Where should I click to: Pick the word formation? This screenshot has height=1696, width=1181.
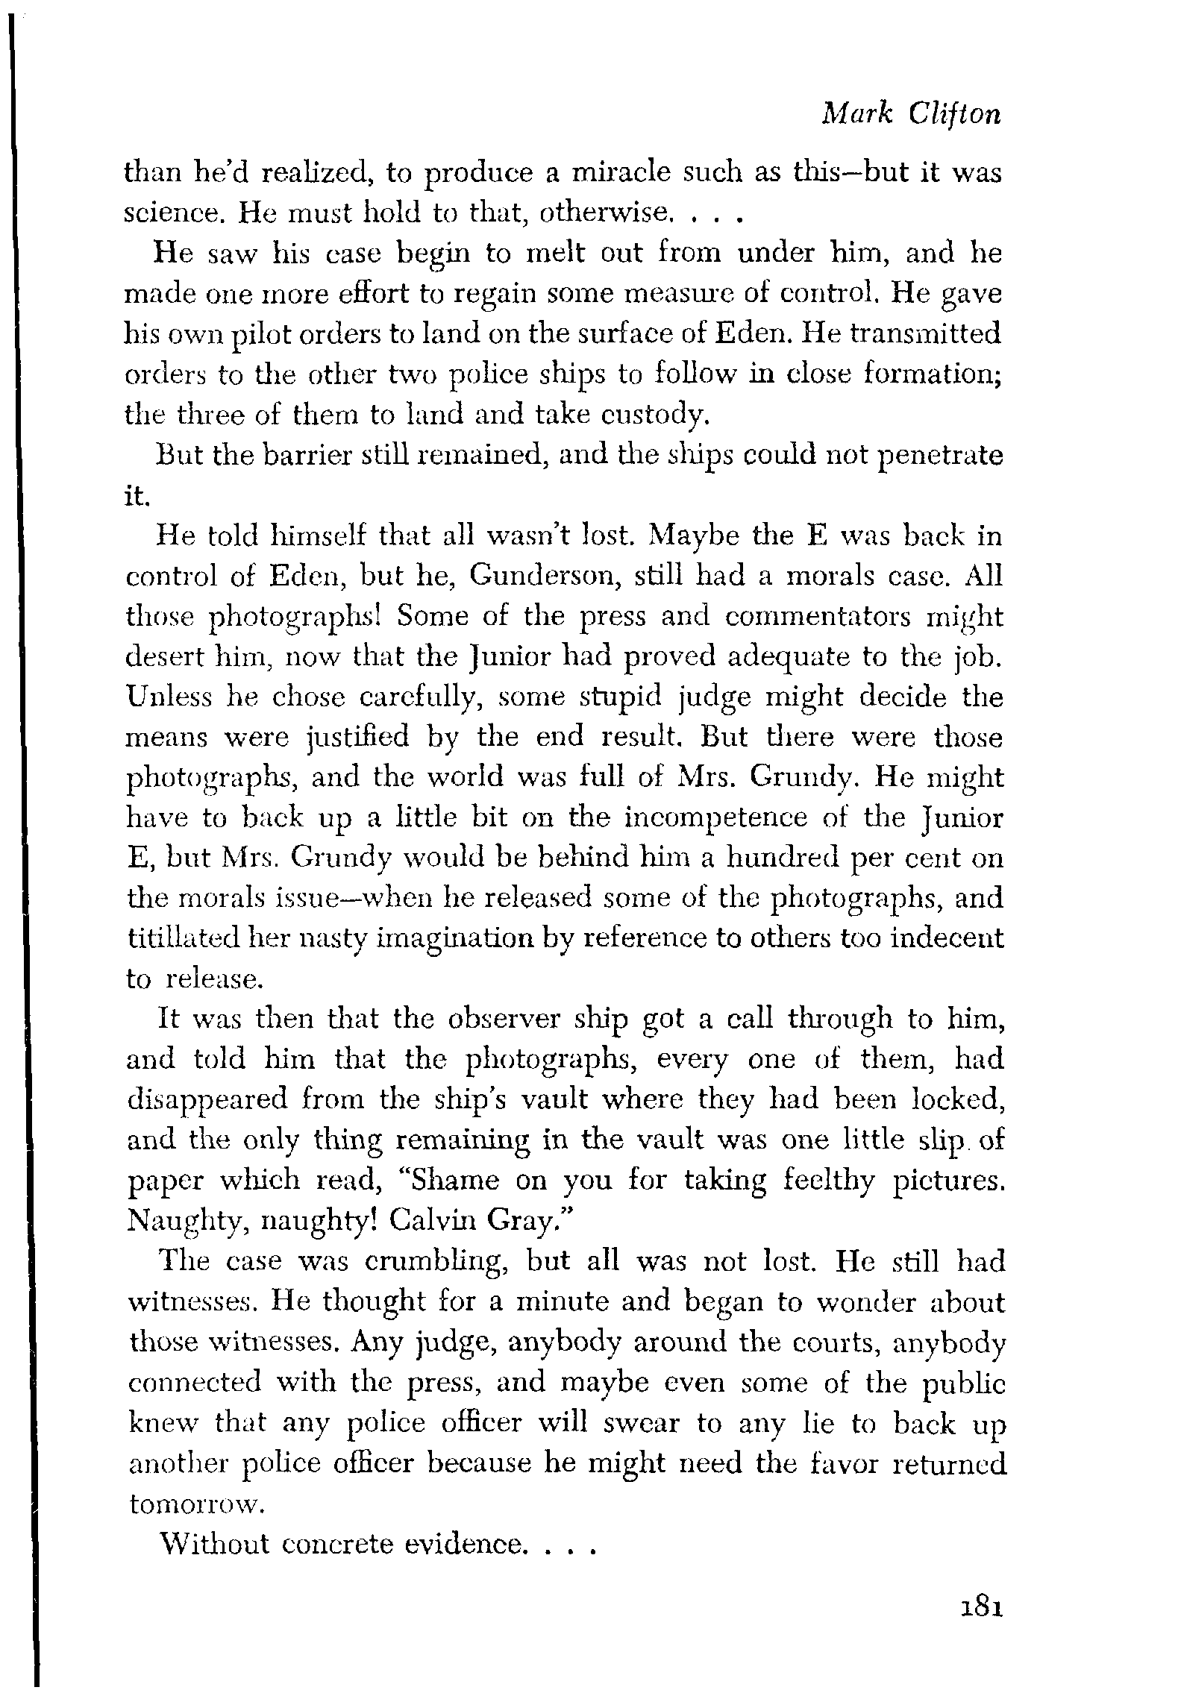coord(930,373)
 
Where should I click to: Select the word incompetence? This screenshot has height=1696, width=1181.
coord(715,818)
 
